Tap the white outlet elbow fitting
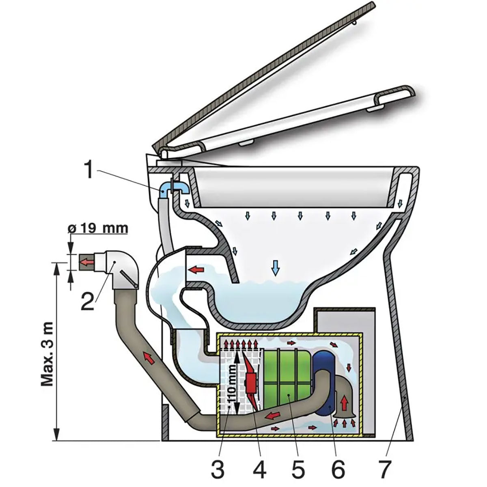click(119, 269)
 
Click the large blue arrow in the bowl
click(276, 267)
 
